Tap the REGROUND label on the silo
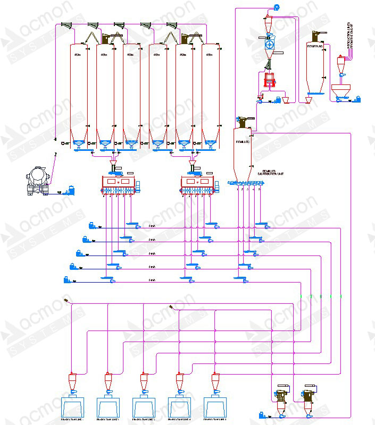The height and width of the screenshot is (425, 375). point(315,46)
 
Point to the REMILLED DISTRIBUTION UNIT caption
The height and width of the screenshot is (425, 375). point(268,173)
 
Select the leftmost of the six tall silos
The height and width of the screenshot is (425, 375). point(78,90)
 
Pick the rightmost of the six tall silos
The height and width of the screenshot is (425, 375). point(210,90)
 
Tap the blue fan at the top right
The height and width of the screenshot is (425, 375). point(277,7)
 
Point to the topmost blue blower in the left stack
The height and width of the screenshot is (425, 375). point(93,225)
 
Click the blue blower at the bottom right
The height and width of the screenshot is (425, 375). point(262,415)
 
